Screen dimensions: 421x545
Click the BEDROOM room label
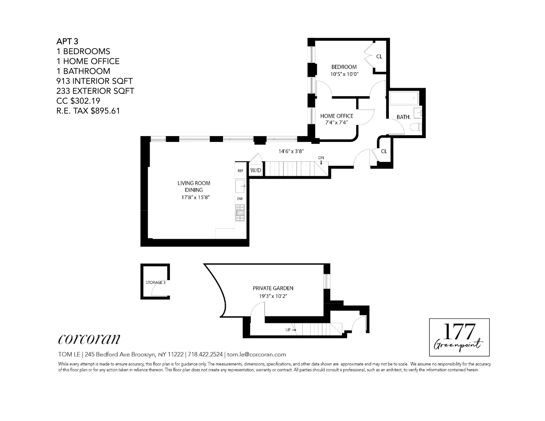coord(344,67)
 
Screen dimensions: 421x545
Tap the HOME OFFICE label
coord(337,116)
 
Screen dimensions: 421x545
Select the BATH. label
coord(403,117)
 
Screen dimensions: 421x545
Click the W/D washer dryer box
coord(256,170)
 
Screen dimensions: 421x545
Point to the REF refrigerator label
coord(240,171)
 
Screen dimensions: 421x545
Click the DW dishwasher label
coord(240,199)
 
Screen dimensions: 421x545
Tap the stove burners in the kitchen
coord(240,213)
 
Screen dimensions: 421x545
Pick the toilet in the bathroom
coord(416,127)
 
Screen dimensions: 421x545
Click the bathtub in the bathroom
coord(404,98)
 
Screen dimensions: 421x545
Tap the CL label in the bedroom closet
coord(379,56)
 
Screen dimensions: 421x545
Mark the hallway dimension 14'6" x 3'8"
coord(291,151)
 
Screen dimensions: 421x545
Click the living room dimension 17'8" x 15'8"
coord(194,197)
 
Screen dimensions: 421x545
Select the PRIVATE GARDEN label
coord(273,288)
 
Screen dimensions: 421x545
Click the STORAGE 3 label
coord(155,282)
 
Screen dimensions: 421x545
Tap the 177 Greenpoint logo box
coord(459,337)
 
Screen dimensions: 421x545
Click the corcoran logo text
coord(89,339)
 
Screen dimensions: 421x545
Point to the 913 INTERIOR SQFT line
coord(94,81)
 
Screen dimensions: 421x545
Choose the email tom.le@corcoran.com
coord(257,354)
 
